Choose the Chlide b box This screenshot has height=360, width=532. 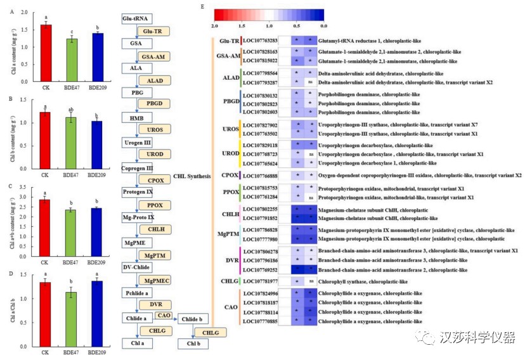(193, 319)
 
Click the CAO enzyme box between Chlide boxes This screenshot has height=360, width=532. (164, 315)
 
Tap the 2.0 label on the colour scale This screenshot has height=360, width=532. (214, 27)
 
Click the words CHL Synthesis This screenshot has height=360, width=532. (192, 177)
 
